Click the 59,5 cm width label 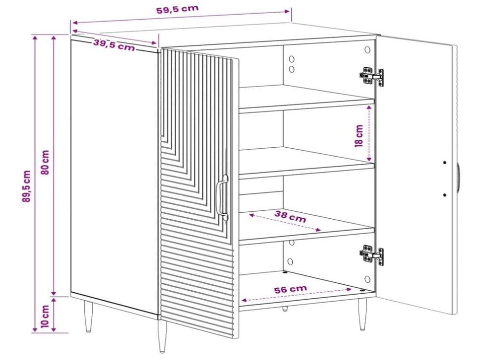coord(177,9)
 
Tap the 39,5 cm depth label coord(114,45)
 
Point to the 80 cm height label coord(45,162)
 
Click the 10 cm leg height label coord(45,316)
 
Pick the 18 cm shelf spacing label coord(359,136)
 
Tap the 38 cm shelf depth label coord(290,216)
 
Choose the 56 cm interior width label coord(290,288)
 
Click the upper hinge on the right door coord(372,76)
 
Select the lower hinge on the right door coord(372,254)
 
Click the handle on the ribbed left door coord(222,198)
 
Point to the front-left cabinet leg coord(162,336)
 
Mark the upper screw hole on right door coord(444,162)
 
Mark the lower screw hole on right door coord(444,195)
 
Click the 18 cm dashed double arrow coord(370,133)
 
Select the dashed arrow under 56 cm coord(296,295)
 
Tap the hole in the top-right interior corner coord(367,49)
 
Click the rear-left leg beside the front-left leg coord(88,316)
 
